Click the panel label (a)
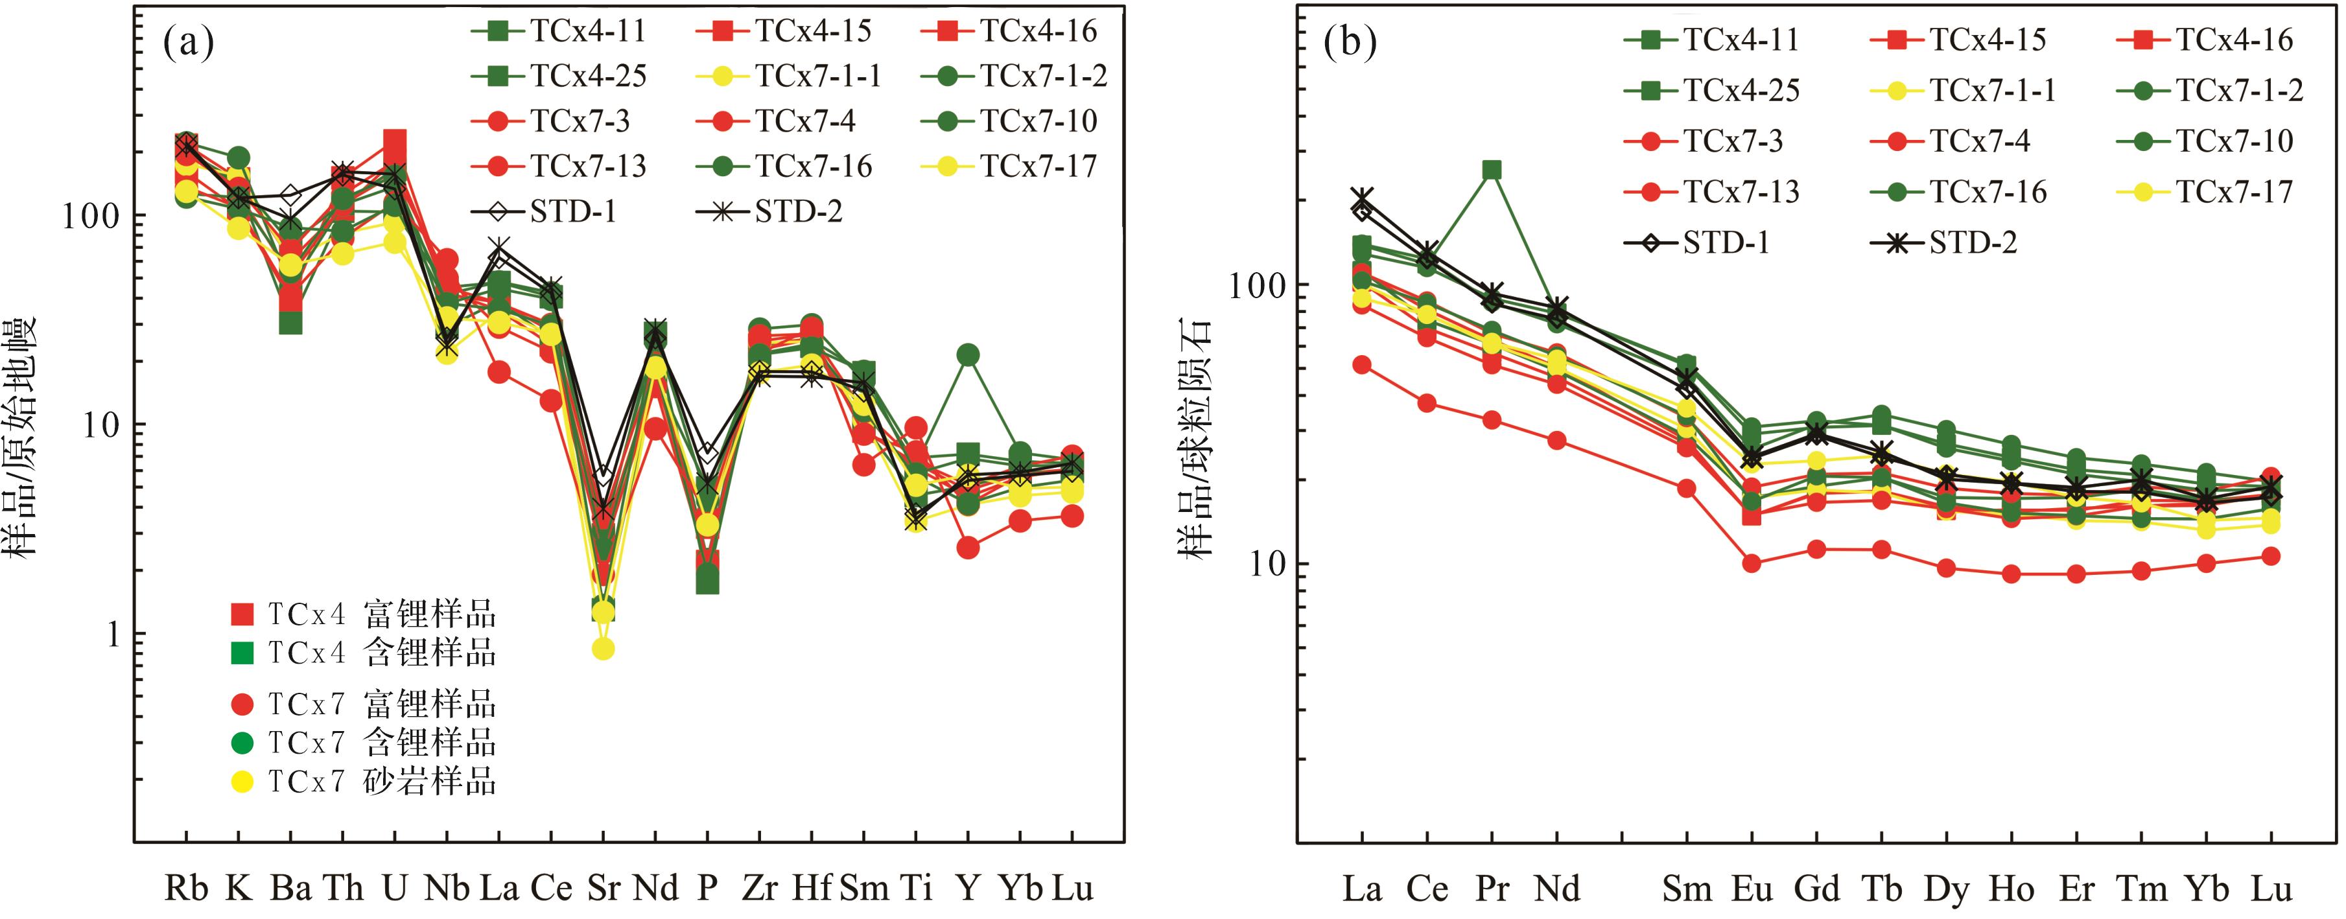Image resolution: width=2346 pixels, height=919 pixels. [189, 43]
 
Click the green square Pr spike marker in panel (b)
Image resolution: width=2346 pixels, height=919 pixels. [1492, 170]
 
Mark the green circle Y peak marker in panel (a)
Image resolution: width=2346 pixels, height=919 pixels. [968, 355]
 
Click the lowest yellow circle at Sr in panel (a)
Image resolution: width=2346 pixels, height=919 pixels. [602, 649]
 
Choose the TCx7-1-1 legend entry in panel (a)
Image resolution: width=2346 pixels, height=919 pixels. [789, 76]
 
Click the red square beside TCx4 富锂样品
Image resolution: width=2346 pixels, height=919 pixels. [242, 614]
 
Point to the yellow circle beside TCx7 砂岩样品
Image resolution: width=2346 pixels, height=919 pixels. [242, 782]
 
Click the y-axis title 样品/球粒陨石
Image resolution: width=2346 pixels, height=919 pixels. [1194, 437]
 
